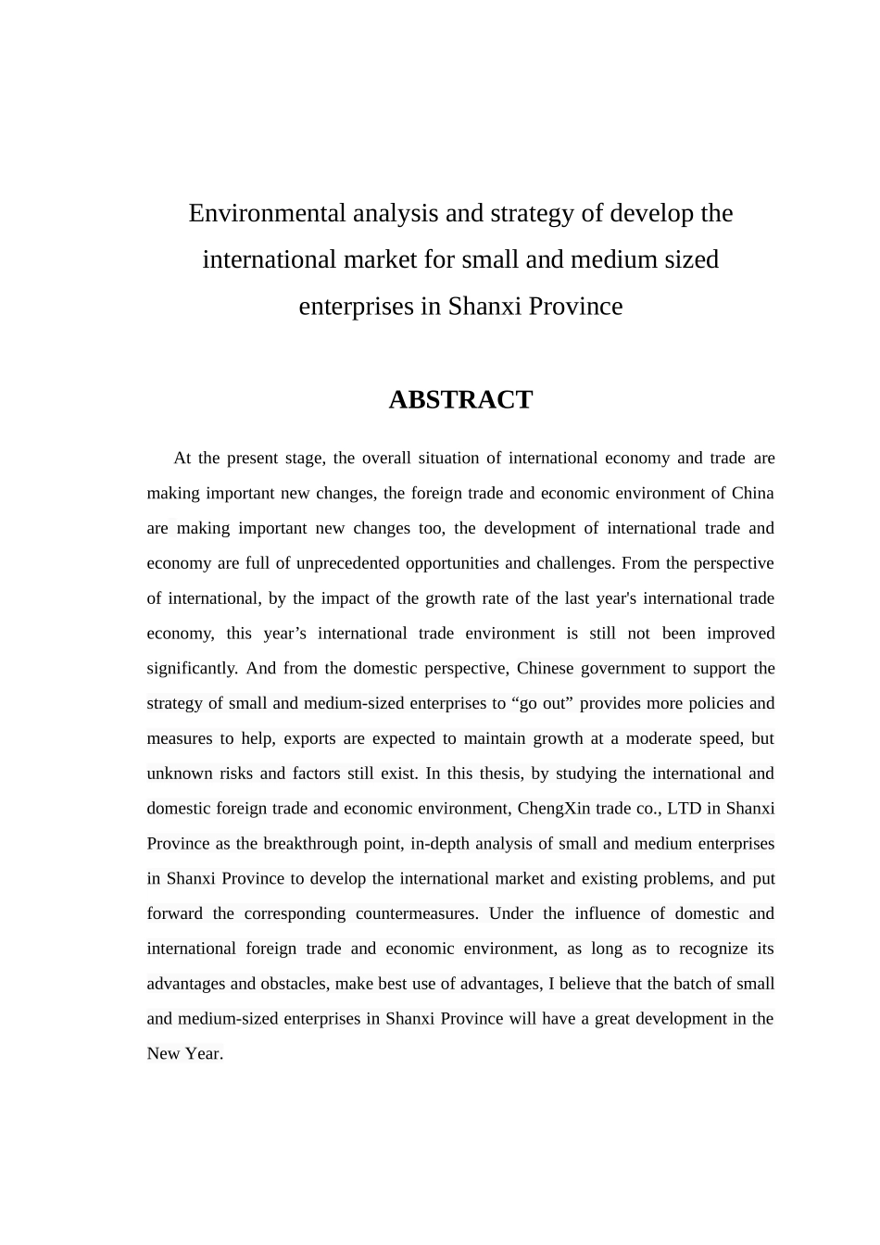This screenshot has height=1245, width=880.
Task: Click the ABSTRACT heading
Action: point(460,400)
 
